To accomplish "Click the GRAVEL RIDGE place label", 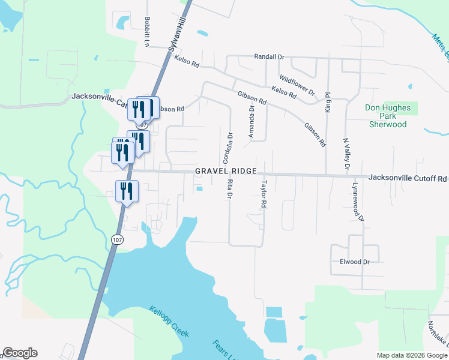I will click(226, 172).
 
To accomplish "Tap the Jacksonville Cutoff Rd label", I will click(408, 178).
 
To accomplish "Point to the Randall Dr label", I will click(268, 56).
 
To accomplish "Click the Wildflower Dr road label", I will click(297, 85).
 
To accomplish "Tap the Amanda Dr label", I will click(252, 122).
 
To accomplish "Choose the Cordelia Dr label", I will click(227, 147).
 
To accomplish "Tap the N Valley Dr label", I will click(346, 154).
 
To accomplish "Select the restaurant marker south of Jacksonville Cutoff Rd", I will click(127, 191).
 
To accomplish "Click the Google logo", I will click(20, 353).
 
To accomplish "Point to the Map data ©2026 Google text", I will click(412, 355).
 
